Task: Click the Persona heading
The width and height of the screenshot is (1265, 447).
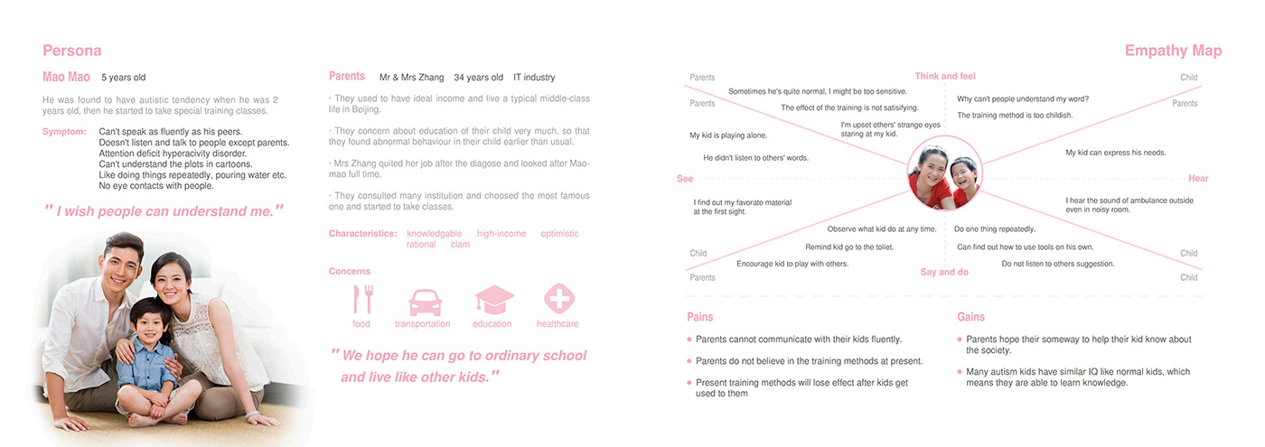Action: (x=72, y=51)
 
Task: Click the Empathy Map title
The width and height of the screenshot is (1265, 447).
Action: (x=1173, y=51)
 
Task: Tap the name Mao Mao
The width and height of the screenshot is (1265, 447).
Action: (x=66, y=78)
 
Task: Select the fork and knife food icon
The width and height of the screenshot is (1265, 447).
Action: (x=362, y=299)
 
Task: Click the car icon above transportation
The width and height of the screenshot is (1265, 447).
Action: (x=424, y=301)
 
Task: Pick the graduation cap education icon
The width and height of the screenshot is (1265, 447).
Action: (x=493, y=300)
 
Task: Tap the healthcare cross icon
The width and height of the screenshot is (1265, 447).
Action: (x=558, y=299)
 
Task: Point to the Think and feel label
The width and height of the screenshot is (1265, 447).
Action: (x=945, y=76)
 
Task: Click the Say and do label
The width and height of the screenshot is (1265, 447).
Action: (x=944, y=272)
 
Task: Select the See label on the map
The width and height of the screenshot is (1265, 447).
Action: (x=685, y=179)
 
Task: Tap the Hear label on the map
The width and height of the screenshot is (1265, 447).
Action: (x=1198, y=179)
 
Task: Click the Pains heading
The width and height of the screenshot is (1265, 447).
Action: (x=699, y=317)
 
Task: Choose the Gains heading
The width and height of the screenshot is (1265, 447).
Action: (x=971, y=317)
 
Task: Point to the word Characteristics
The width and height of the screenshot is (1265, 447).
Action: (x=362, y=234)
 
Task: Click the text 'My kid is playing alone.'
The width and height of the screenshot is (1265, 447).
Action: (x=728, y=135)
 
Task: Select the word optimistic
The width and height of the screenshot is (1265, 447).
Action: (x=560, y=234)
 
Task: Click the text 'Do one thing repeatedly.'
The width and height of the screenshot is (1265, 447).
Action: (x=995, y=229)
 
